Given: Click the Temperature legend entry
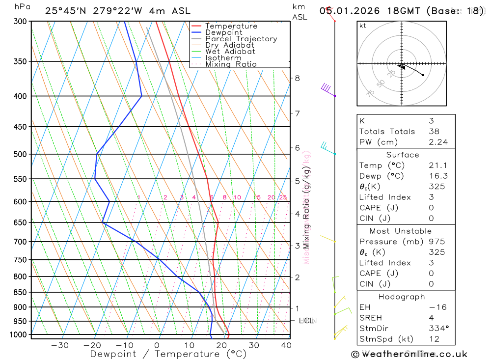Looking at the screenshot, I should tap(231, 26).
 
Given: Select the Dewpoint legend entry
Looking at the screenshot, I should tap(224, 32).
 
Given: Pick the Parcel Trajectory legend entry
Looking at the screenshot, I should tap(241, 39).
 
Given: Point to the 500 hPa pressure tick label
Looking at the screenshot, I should tap(21, 154).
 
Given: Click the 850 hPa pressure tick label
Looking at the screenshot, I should tap(21, 292).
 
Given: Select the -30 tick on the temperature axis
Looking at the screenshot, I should tap(60, 345).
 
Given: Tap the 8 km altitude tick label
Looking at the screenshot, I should tap(297, 78).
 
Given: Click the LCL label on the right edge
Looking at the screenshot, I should tap(306, 321).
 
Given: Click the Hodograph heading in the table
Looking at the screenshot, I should tap(401, 297).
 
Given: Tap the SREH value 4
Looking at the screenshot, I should tap(430, 318).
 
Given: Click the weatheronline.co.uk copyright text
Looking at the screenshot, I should tap(409, 354).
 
